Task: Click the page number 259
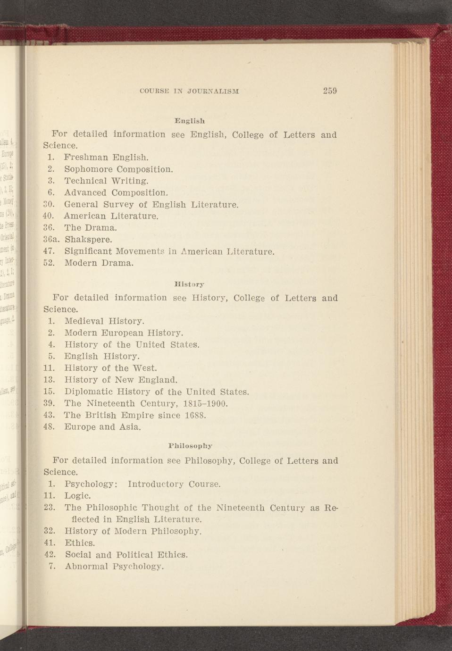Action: [329, 91]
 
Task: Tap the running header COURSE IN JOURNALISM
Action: [190, 91]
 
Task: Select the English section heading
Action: [189, 120]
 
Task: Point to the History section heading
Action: [189, 284]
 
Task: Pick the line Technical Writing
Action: [106, 181]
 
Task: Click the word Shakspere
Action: [88, 239]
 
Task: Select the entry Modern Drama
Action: [99, 263]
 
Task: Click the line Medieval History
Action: [104, 321]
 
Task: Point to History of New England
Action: [121, 380]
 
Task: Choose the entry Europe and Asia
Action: [102, 427]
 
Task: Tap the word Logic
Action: [77, 496]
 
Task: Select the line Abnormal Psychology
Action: [114, 566]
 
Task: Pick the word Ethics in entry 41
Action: [80, 543]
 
